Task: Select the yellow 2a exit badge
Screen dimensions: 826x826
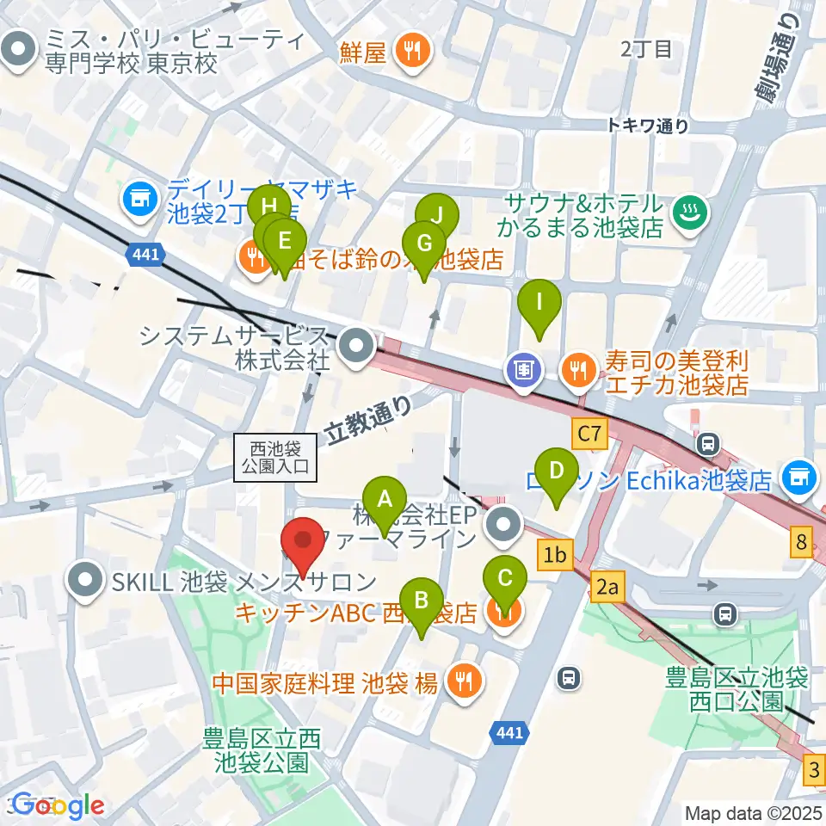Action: [607, 588]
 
